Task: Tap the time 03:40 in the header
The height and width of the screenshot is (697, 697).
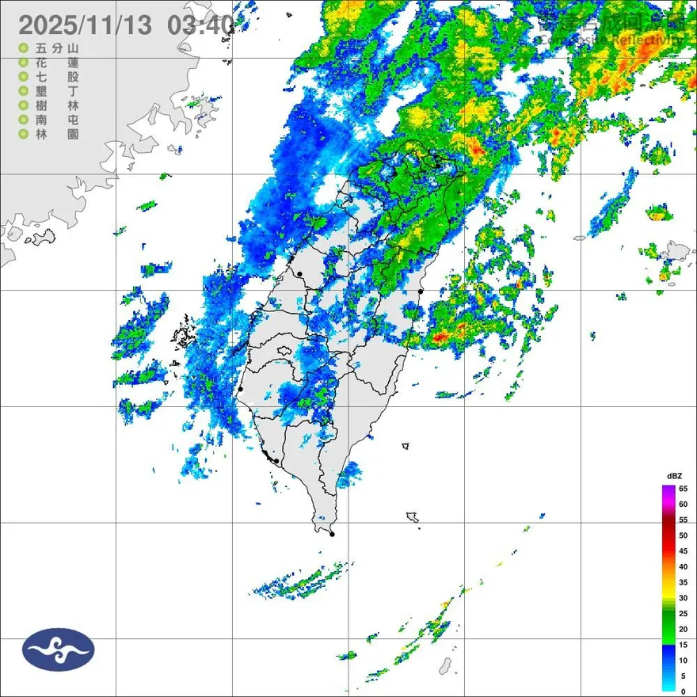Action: pyautogui.click(x=201, y=25)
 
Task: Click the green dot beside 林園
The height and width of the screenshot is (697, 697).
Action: pyautogui.click(x=24, y=135)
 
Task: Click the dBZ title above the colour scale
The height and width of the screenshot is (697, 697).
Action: pyautogui.click(x=674, y=475)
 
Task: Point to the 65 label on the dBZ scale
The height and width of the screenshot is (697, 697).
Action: pyautogui.click(x=683, y=489)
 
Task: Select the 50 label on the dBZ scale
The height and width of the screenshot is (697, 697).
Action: pyautogui.click(x=683, y=535)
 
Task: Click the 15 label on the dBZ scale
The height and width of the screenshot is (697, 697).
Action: pyautogui.click(x=683, y=645)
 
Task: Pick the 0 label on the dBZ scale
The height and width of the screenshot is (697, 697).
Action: pyautogui.click(x=683, y=691)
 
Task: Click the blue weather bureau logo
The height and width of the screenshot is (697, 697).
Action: pyautogui.click(x=59, y=649)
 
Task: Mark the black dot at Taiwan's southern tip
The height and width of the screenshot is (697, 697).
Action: pyautogui.click(x=332, y=535)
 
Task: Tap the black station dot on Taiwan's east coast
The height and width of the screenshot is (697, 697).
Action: pyautogui.click(x=421, y=291)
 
